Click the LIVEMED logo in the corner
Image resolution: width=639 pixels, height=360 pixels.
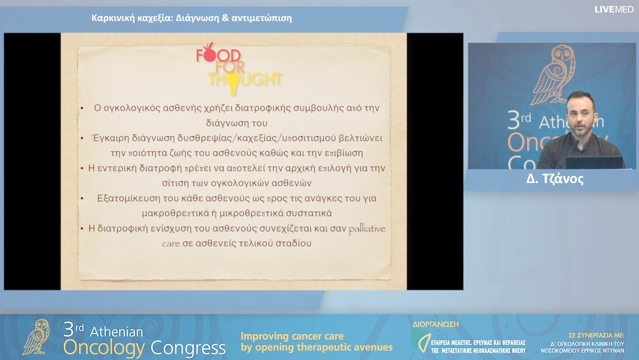click(614, 9)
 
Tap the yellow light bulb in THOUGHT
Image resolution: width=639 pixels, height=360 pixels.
click(233, 83)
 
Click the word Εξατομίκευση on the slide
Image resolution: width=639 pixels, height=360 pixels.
click(129, 198)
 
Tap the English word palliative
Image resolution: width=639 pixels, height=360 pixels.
click(367, 229)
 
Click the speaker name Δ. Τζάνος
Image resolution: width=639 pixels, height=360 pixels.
click(554, 179)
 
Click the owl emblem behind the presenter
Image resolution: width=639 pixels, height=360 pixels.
click(553, 75)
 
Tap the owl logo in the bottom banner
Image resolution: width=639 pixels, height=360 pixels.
click(36, 337)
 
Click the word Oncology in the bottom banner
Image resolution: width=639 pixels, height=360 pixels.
click(104, 348)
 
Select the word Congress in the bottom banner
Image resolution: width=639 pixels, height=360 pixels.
click(188, 348)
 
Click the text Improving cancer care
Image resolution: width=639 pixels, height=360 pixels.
click(292, 336)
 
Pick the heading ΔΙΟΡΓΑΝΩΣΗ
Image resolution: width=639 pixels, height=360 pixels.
click(435, 324)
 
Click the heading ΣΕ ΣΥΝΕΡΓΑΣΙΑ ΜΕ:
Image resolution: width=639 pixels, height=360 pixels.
click(596, 335)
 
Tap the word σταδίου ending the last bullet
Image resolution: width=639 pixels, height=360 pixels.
click(293, 243)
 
